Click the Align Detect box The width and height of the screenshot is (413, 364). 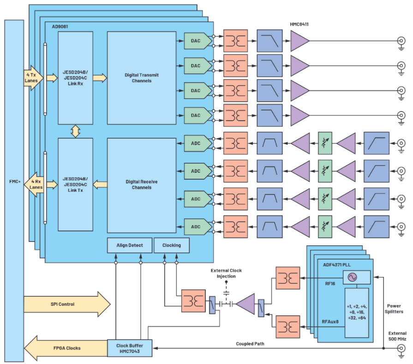pos(130,246)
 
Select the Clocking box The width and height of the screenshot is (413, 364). pos(171,246)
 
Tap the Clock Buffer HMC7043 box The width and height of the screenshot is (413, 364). pos(130,347)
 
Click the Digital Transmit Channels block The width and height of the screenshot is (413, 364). pos(141,78)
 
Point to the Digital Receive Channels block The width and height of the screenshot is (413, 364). pos(141,185)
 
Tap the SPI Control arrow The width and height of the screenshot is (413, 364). pos(67,304)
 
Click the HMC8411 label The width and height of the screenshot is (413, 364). pos(300,25)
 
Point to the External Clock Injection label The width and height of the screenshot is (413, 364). pos(226,273)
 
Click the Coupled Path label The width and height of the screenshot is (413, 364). pos(250,344)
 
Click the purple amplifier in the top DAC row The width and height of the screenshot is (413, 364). pos(299,41)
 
